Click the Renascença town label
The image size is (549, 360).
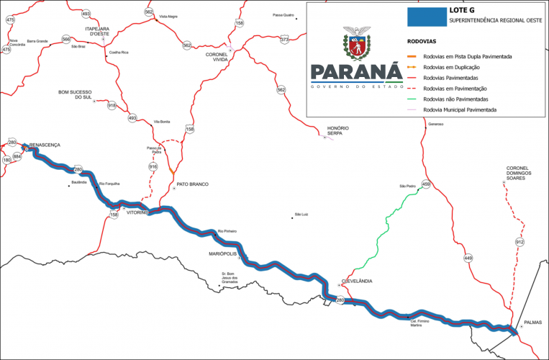45,145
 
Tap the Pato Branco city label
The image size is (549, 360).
192,184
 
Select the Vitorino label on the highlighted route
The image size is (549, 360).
137,213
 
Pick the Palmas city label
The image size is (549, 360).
532,323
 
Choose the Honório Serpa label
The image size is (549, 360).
337,130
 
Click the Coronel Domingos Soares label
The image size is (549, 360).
522,172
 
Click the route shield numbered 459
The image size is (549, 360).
426,184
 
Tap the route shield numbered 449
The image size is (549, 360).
468,258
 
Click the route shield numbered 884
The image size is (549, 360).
17,156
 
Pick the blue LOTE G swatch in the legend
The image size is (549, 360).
426,16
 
